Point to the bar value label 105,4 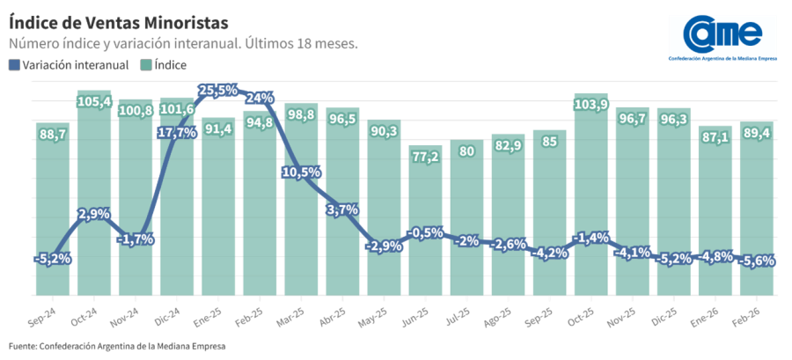coord(94,102)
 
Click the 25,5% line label coord(217,90)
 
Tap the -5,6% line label coord(756,261)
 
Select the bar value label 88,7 coord(53,134)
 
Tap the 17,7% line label coord(177,133)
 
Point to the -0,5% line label coord(425,232)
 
